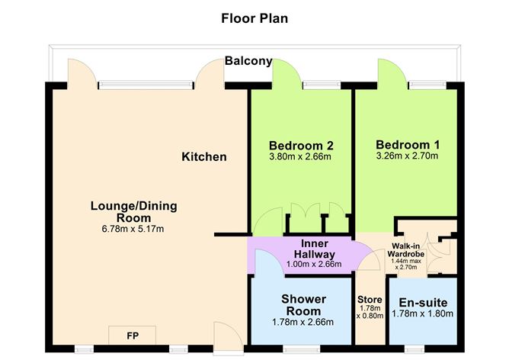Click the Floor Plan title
[254, 18]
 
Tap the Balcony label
[248, 61]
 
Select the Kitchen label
[204, 156]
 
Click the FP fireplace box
[132, 336]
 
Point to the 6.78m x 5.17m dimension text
[133, 229]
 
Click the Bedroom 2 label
[301, 145]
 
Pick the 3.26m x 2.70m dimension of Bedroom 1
[407, 156]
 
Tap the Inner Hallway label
[314, 249]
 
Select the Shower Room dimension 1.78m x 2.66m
[303, 322]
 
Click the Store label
[370, 299]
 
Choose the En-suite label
[423, 303]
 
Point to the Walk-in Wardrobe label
[406, 250]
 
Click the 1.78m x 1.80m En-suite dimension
[422, 313]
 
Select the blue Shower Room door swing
[270, 262]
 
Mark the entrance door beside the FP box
[229, 336]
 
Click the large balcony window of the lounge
[145, 85]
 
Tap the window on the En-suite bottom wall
[415, 349]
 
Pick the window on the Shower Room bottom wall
[302, 349]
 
